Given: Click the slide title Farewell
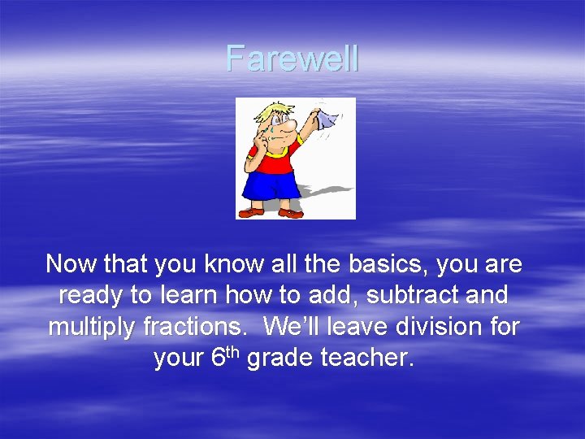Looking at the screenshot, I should (x=292, y=59).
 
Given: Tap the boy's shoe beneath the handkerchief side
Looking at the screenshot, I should (x=290, y=213).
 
